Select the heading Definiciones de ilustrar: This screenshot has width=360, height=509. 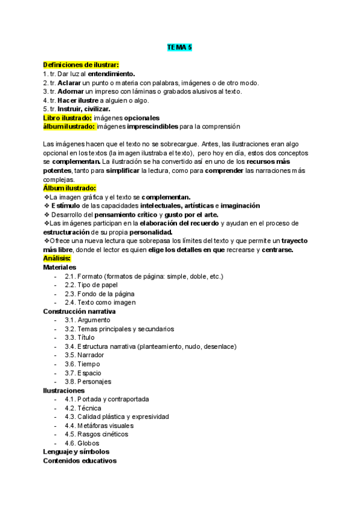(x=81, y=65)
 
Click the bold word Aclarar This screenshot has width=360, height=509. (x=70, y=83)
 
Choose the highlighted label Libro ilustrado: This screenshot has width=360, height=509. (x=68, y=118)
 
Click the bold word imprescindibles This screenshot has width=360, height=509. (x=152, y=127)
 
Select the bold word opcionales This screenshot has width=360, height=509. (x=137, y=118)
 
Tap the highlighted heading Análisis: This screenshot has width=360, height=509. (x=57, y=258)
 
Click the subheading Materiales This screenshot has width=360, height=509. (x=59, y=267)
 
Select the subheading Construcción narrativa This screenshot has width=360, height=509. (x=79, y=312)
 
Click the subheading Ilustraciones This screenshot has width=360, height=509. (x=64, y=391)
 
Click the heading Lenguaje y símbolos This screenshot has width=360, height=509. (x=76, y=452)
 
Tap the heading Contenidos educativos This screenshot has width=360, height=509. (x=80, y=461)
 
